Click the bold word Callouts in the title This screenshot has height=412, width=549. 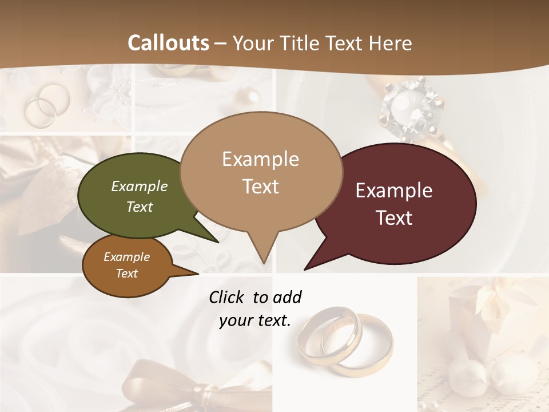pyautogui.click(x=168, y=43)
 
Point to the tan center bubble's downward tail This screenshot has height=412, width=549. pyautogui.click(x=263, y=249)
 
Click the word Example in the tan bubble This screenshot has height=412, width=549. pyautogui.click(x=260, y=159)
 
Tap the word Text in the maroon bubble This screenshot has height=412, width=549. pyautogui.click(x=395, y=217)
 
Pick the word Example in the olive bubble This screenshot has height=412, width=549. pyautogui.click(x=139, y=187)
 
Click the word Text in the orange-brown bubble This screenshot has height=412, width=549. pyautogui.click(x=127, y=274)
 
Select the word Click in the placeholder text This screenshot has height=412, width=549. pyautogui.click(x=227, y=297)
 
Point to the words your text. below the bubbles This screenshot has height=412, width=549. pyautogui.click(x=255, y=320)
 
